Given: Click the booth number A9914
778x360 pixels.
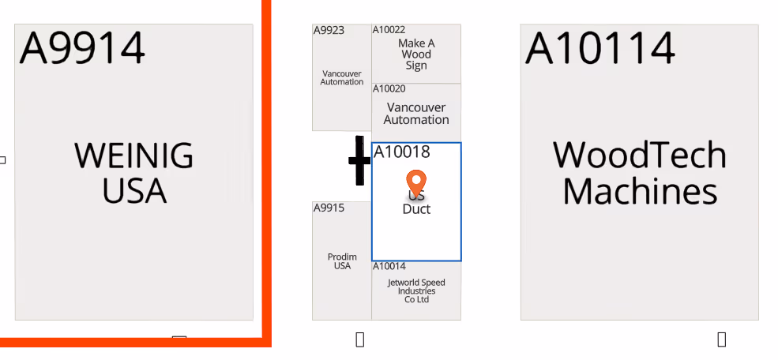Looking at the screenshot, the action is [x=82, y=47].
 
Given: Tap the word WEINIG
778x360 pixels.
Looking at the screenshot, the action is [x=133, y=156].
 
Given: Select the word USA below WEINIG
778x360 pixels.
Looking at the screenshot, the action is [x=134, y=190].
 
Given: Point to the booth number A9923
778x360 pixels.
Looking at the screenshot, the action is [x=329, y=31].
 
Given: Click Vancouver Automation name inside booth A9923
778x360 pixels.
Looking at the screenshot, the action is [x=342, y=77].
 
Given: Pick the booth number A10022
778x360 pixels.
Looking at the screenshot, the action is [x=389, y=30].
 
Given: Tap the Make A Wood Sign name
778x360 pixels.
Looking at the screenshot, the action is [x=416, y=54].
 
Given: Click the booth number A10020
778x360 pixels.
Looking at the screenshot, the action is [x=389, y=88].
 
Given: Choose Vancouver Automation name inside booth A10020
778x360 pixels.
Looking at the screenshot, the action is [x=416, y=114].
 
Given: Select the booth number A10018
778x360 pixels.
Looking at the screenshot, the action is [x=401, y=152].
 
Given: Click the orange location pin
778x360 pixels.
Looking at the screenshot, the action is [x=416, y=183].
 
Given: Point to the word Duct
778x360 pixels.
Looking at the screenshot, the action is [x=416, y=209].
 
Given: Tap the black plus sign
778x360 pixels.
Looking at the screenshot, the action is [x=359, y=160].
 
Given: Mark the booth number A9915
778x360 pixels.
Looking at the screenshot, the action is [x=329, y=208].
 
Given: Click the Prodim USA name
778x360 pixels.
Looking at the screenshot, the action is [x=342, y=261].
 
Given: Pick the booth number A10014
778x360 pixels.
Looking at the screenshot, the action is [x=389, y=267].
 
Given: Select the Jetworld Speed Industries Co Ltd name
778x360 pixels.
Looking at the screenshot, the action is [x=416, y=291].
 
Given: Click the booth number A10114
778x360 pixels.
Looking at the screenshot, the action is [x=599, y=47].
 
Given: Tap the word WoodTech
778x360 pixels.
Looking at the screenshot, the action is [x=639, y=155].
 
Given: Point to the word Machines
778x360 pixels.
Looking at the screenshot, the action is [x=640, y=192].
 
